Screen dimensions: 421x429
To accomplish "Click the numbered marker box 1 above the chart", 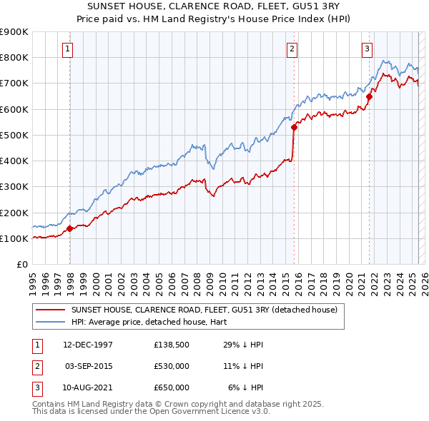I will tap(66, 49).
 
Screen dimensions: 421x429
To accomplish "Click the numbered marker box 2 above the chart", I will tap(292, 49).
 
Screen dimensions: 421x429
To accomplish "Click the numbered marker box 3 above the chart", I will tap(367, 49).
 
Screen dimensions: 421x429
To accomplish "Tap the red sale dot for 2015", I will tap(294, 128).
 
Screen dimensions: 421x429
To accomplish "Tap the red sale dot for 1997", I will tap(70, 229).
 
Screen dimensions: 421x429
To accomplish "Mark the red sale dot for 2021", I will tap(370, 96).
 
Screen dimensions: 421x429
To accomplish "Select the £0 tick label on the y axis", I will tap(21, 265).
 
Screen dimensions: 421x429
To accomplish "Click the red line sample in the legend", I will tap(49, 309).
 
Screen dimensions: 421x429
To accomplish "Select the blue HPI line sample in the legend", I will tap(49, 322).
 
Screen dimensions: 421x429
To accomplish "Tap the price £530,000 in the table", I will tap(171, 366).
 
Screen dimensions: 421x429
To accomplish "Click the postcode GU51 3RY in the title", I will tap(322, 6).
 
